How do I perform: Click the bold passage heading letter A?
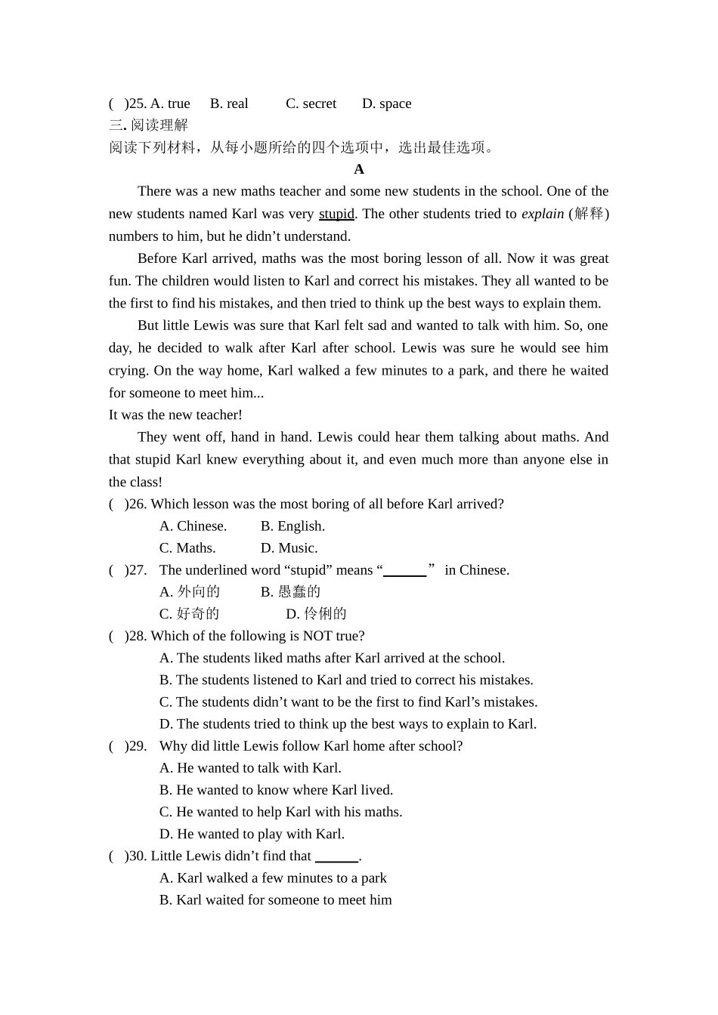pos(359,169)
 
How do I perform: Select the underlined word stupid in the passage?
pos(336,214)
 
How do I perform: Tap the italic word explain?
pos(542,214)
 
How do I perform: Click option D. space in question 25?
pos(386,103)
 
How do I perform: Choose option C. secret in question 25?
pos(311,103)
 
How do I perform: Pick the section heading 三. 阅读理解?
pos(148,125)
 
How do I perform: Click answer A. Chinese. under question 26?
pos(193,526)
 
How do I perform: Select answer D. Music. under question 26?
pos(289,548)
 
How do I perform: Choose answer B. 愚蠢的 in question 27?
pos(290,591)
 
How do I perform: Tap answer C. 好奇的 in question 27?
pos(189,613)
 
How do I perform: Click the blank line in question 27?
pos(405,572)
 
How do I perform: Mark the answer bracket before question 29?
pos(117,746)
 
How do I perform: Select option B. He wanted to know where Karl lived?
pos(276,790)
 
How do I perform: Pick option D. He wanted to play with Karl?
pos(252,834)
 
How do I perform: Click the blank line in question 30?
pos(336,857)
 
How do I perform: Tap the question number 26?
pos(138,504)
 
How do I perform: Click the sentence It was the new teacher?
pos(175,415)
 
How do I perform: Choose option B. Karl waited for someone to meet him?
pos(275,899)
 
